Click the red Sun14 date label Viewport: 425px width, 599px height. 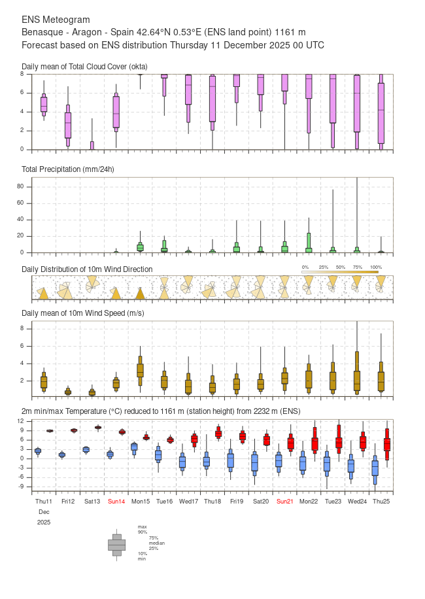point(116,501)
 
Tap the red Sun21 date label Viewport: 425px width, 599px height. point(285,501)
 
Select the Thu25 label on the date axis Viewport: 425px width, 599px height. point(381,501)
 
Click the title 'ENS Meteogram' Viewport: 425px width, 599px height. point(56,20)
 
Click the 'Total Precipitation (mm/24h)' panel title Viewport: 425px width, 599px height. point(68,169)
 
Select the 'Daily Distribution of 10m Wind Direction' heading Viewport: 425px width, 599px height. point(87,269)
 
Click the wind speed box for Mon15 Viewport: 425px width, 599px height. point(140,369)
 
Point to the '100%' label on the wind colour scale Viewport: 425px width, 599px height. point(376,267)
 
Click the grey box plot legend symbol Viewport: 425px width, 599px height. point(116,544)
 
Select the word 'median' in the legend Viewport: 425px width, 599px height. point(156,543)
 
